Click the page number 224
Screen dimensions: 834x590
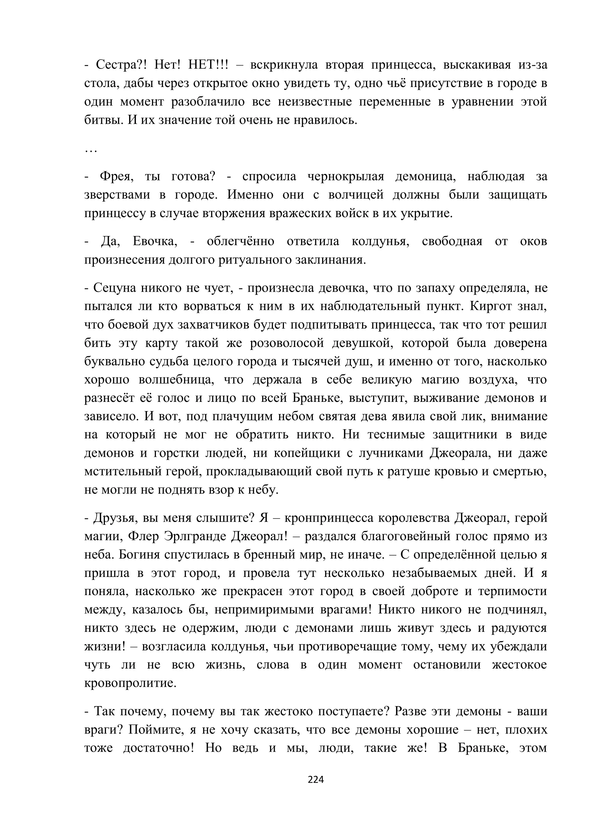click(x=315, y=779)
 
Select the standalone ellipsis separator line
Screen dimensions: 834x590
click(x=91, y=150)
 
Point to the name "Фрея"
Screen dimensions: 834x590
click(x=116, y=176)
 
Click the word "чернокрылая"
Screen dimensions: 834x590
click(x=346, y=176)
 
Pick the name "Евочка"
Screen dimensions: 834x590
click(x=155, y=241)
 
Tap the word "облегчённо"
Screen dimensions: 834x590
click(x=240, y=241)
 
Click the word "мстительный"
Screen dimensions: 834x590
click(x=122, y=471)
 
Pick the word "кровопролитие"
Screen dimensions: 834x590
click(x=130, y=683)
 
